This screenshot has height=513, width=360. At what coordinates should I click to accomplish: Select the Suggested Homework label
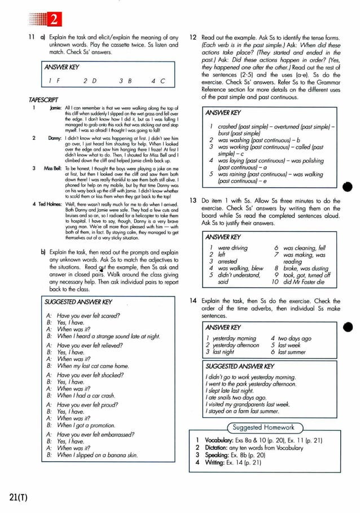(264, 427)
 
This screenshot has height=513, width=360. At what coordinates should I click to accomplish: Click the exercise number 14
(192, 302)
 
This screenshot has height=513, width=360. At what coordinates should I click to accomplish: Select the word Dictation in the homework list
(216, 448)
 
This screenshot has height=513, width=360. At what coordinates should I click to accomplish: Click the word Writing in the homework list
(214, 462)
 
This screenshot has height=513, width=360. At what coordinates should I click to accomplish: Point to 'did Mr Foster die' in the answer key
(307, 281)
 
